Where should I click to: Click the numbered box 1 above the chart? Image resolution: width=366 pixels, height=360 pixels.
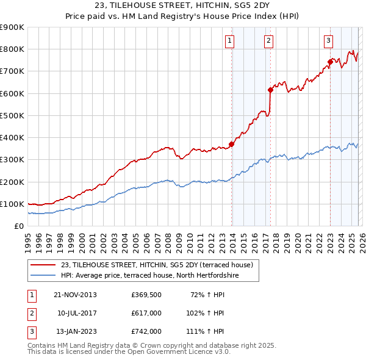(230, 41)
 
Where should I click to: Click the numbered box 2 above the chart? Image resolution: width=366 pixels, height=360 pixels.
(268, 41)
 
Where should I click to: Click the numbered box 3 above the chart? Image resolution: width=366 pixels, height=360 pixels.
(328, 41)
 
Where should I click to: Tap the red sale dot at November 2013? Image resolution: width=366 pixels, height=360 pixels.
(231, 145)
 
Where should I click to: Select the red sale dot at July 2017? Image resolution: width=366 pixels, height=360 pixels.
(270, 90)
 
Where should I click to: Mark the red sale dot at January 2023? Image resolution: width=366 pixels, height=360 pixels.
(330, 62)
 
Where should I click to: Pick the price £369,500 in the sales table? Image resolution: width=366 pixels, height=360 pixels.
(146, 295)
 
